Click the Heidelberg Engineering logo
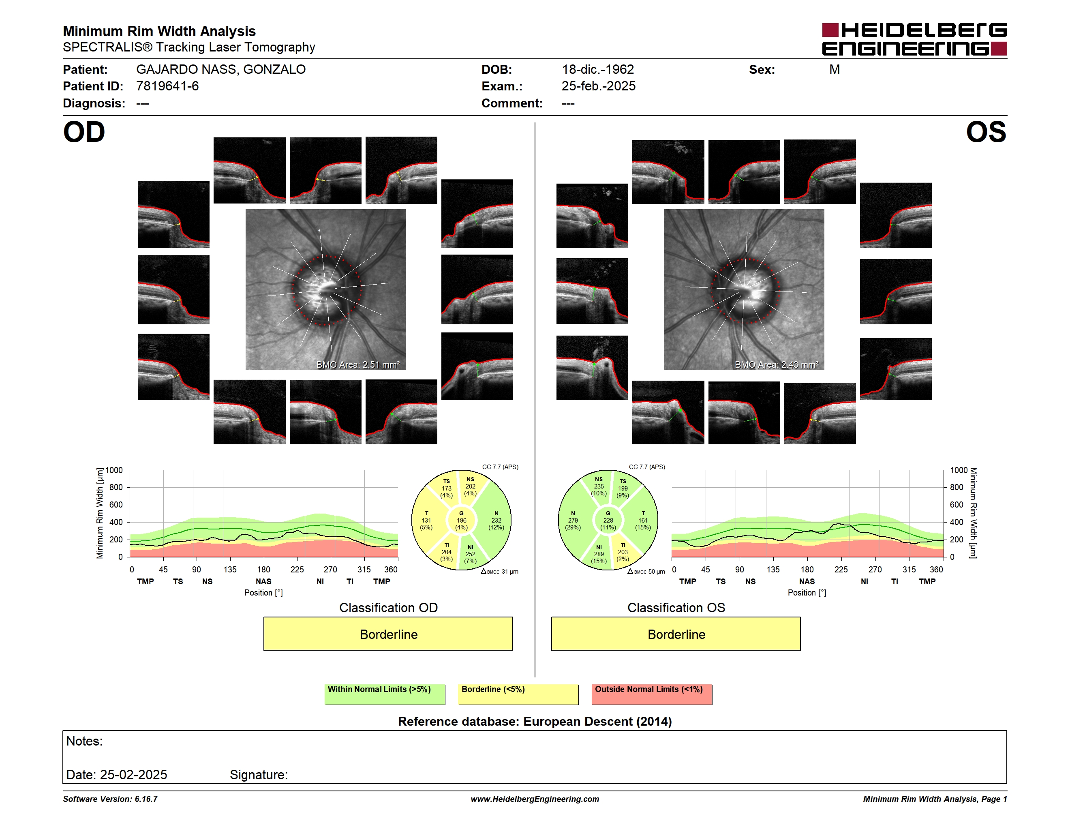click(x=914, y=39)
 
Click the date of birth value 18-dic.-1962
click(x=598, y=70)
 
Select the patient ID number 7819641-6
click(x=167, y=86)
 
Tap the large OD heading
click(x=84, y=132)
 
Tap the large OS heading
click(x=986, y=132)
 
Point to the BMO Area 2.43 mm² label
click(x=777, y=364)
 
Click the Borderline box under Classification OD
click(x=388, y=634)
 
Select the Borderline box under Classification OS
click(x=676, y=634)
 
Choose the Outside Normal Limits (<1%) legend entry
click(x=652, y=694)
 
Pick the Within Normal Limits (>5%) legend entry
click(x=385, y=694)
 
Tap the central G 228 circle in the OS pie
click(x=608, y=520)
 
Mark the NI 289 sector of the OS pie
click(x=599, y=554)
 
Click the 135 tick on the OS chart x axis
click(x=773, y=569)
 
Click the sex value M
click(x=835, y=70)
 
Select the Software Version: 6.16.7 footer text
click(x=110, y=799)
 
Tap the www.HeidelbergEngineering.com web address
click(x=535, y=799)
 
